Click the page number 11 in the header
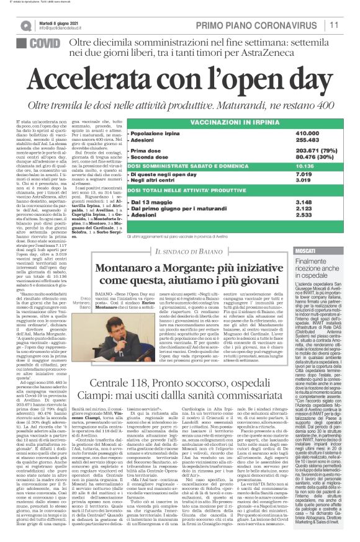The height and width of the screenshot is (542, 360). click(350, 25)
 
